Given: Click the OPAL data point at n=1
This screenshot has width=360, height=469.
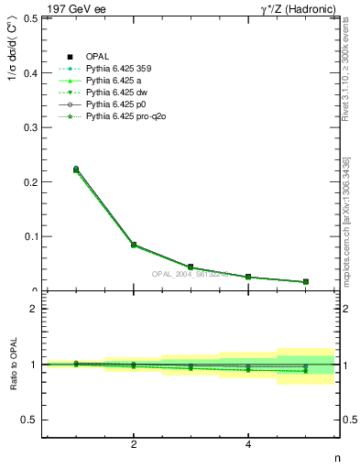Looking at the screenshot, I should (x=76, y=169).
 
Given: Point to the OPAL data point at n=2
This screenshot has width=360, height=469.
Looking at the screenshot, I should (x=134, y=245).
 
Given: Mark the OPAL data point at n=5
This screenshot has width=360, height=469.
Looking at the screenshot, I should (x=305, y=281).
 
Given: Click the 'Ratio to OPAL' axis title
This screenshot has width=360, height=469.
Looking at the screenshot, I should (x=12, y=365).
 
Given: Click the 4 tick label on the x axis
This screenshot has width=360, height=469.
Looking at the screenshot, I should (x=248, y=445).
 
